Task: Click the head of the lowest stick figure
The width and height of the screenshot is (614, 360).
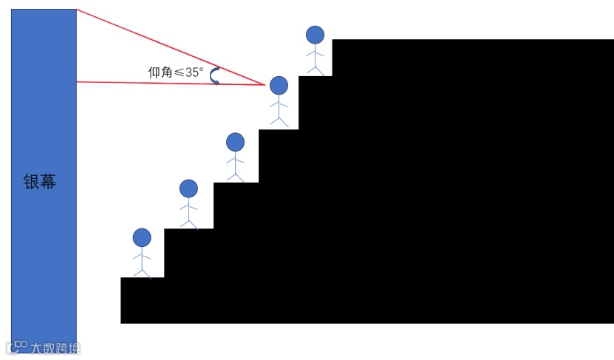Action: click(142, 237)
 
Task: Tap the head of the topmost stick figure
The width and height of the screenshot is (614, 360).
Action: click(315, 35)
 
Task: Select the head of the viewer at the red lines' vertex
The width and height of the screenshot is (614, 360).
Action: click(279, 86)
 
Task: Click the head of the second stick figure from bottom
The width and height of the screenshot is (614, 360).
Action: click(189, 189)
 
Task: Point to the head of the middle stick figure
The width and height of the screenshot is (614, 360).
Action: click(235, 141)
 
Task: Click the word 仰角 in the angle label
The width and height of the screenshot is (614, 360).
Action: click(160, 72)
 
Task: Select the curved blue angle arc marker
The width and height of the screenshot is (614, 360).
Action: click(216, 75)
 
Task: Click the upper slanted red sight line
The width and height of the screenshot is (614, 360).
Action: click(170, 47)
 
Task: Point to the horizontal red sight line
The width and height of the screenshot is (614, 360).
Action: click(170, 84)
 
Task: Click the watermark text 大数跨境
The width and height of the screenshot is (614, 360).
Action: click(55, 347)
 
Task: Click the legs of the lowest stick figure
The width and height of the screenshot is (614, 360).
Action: click(142, 271)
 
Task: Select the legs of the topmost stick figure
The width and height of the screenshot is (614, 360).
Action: click(315, 69)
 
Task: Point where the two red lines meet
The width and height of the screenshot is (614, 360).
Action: click(265, 85)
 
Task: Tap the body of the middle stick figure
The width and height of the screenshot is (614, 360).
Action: click(235, 161)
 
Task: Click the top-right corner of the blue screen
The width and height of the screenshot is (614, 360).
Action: click(76, 10)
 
